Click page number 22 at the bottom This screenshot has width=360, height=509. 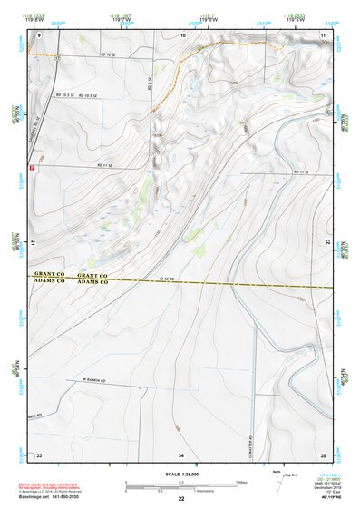coord(181,500)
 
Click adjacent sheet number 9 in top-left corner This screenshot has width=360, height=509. coord(40,34)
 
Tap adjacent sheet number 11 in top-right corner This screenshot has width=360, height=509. coord(323,34)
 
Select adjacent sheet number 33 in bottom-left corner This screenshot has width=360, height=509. coord(39,454)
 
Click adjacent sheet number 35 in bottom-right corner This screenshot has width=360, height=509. coord(323,454)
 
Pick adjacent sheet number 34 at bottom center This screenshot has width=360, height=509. coord(181,454)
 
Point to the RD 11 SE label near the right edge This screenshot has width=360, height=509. coord(302,172)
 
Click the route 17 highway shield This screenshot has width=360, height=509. coord(56,56)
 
